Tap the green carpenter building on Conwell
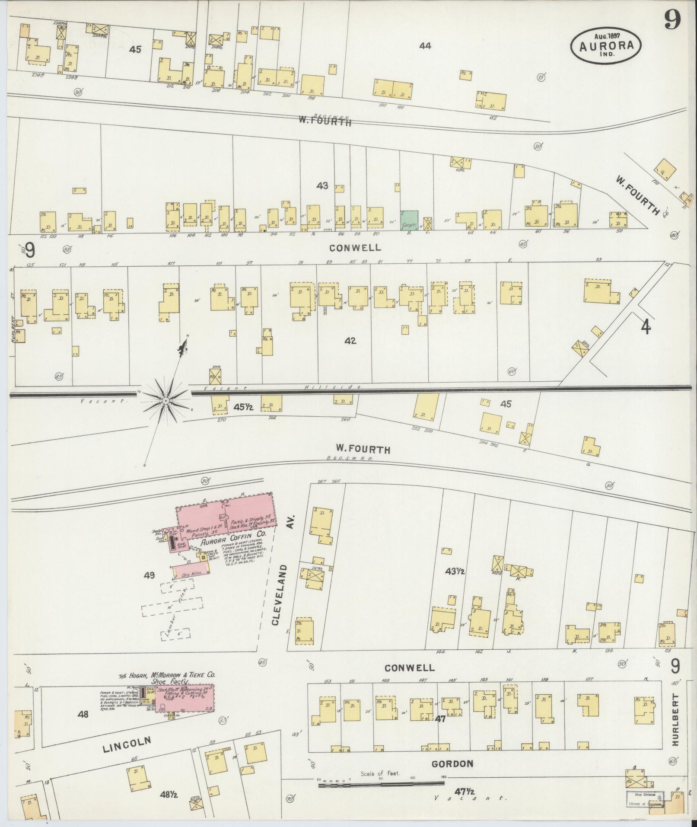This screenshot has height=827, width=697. coord(409,220)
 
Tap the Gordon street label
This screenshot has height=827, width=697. coord(452,764)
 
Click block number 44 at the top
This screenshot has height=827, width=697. coord(425,46)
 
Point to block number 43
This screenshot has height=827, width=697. coord(322,186)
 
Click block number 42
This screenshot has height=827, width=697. coord(350,341)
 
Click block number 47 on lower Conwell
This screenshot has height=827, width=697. coord(440,718)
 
